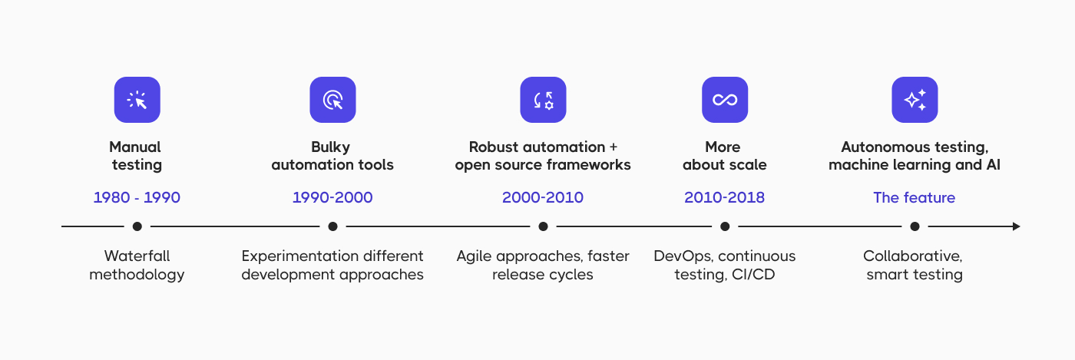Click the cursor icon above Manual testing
(x=137, y=100)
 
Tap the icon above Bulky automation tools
(x=332, y=100)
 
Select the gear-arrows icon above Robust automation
(x=543, y=100)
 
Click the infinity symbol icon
(x=725, y=100)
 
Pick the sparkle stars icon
(x=915, y=100)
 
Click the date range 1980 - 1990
(x=137, y=197)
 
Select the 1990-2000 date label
(x=332, y=197)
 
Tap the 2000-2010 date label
(x=543, y=197)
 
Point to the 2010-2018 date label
(x=725, y=197)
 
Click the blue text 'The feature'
(x=914, y=197)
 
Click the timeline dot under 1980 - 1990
(x=137, y=226)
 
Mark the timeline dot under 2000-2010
(x=543, y=226)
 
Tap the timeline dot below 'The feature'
(x=915, y=226)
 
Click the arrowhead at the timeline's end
(x=1016, y=226)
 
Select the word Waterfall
(x=137, y=256)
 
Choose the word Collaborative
(x=912, y=256)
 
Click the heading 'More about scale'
(x=725, y=156)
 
